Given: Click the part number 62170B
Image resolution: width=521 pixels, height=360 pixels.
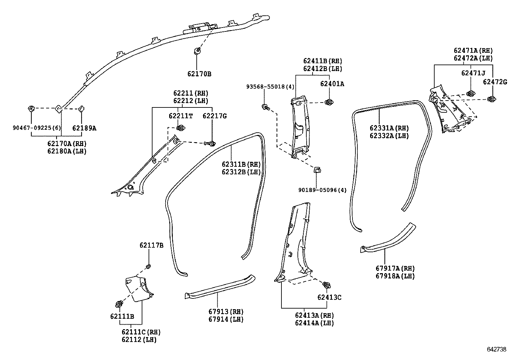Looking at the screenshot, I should (199, 74).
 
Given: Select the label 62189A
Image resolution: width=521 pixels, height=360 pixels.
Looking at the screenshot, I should (84, 128).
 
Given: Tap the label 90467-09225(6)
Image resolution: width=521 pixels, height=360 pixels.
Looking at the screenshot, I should (32, 128).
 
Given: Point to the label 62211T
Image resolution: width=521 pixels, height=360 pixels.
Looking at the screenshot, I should (181, 116).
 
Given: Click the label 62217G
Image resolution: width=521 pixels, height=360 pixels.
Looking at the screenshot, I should (215, 116).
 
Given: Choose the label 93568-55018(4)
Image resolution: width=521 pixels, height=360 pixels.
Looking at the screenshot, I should (270, 86).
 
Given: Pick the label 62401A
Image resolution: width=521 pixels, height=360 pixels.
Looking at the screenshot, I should (332, 84).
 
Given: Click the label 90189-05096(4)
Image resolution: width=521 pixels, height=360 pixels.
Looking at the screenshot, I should (322, 190).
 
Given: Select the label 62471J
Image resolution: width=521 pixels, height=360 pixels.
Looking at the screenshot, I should (473, 73).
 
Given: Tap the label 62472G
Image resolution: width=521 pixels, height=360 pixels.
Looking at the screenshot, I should (495, 82).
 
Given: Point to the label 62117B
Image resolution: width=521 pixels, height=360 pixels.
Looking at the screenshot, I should (151, 245).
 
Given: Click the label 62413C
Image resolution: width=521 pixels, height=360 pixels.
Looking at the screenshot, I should (329, 297).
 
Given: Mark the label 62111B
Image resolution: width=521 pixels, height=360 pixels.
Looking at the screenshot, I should (122, 316).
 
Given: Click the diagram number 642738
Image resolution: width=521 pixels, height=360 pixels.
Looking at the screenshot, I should (496, 350).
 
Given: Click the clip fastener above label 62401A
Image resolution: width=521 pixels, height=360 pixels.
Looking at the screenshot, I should (329, 102).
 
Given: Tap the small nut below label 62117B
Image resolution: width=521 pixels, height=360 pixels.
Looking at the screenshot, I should (148, 266).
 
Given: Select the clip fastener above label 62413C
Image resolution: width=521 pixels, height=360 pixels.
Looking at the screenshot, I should (326, 285).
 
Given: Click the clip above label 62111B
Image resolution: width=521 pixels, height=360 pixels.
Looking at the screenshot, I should (119, 304).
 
